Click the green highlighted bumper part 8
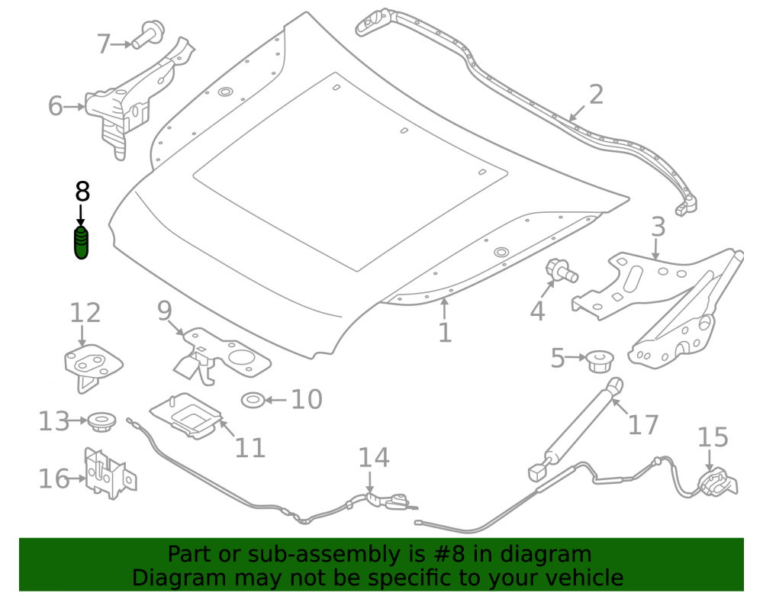click(82, 243)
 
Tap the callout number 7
click(104, 43)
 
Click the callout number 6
click(56, 106)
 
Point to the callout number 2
click(596, 95)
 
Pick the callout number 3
click(658, 227)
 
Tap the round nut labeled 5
click(600, 361)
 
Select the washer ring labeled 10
click(253, 401)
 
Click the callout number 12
click(85, 313)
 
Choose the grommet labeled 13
click(101, 422)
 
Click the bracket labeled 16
click(111, 474)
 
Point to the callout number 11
click(250, 448)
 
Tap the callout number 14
click(374, 458)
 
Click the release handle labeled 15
click(716, 484)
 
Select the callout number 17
click(643, 425)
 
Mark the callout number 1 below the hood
click(445, 333)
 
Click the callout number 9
click(165, 311)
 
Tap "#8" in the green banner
click(448, 554)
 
